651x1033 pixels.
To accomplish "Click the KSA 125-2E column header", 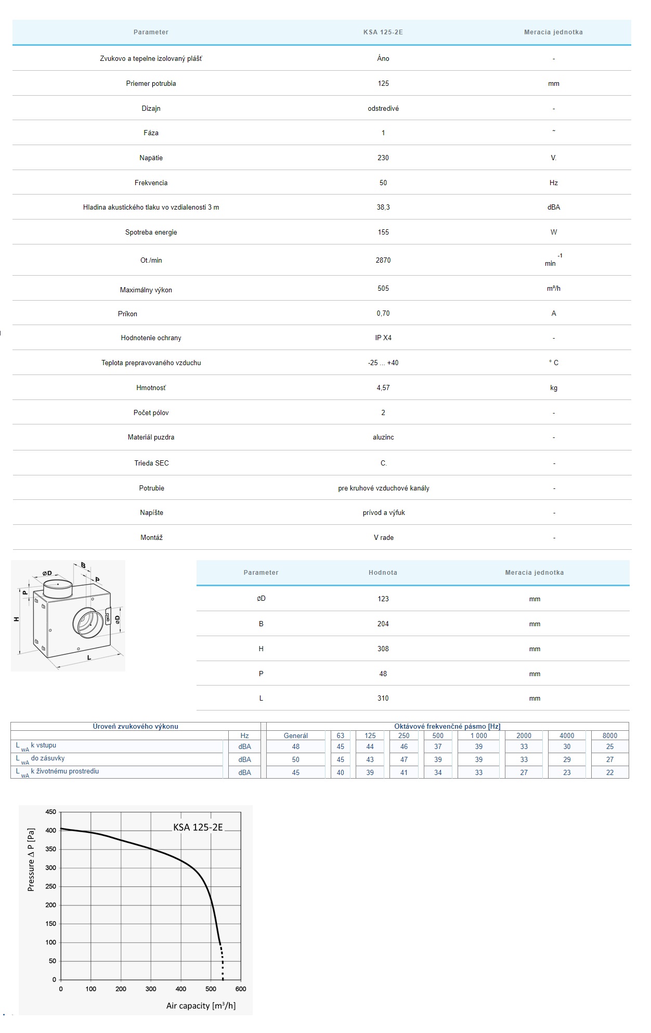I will (x=383, y=32).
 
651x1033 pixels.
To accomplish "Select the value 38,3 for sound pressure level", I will (x=383, y=208).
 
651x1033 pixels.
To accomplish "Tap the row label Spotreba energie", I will (x=151, y=233).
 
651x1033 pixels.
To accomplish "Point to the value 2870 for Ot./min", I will (x=383, y=260).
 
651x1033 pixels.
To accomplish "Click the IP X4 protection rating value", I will (x=383, y=338).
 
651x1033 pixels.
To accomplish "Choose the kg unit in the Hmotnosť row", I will (x=553, y=388).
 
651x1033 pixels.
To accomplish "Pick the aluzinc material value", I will (x=383, y=437).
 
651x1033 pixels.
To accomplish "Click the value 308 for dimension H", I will (x=383, y=649).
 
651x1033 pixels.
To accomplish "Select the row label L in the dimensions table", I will (x=261, y=699).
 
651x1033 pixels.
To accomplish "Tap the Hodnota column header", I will (x=383, y=573).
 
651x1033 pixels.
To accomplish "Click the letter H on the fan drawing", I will (x=17, y=619).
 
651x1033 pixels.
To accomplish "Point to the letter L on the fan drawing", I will (x=89, y=658).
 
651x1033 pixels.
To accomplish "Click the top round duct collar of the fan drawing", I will (x=57, y=587).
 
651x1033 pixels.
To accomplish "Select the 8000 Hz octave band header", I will (x=609, y=735).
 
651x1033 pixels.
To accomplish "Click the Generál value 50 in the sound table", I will (x=295, y=760).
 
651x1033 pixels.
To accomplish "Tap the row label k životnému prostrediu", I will (x=64, y=771).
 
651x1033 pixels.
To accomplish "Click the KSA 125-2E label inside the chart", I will (x=198, y=828).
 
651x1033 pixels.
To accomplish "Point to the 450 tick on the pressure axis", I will (x=51, y=812).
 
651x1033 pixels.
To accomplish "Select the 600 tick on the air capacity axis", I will (x=241, y=989).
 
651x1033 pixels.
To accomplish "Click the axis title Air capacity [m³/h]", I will (x=201, y=1006).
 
